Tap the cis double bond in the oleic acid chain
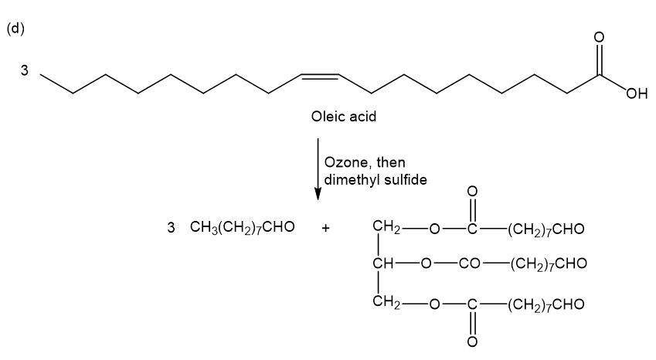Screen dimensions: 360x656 point(318,76)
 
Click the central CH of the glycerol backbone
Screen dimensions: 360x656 point(384,264)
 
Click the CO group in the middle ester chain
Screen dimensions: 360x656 point(471,264)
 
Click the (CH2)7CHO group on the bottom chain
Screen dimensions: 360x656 point(546,304)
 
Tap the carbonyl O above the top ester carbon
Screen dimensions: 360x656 point(472,192)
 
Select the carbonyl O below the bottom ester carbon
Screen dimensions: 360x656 point(472,340)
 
